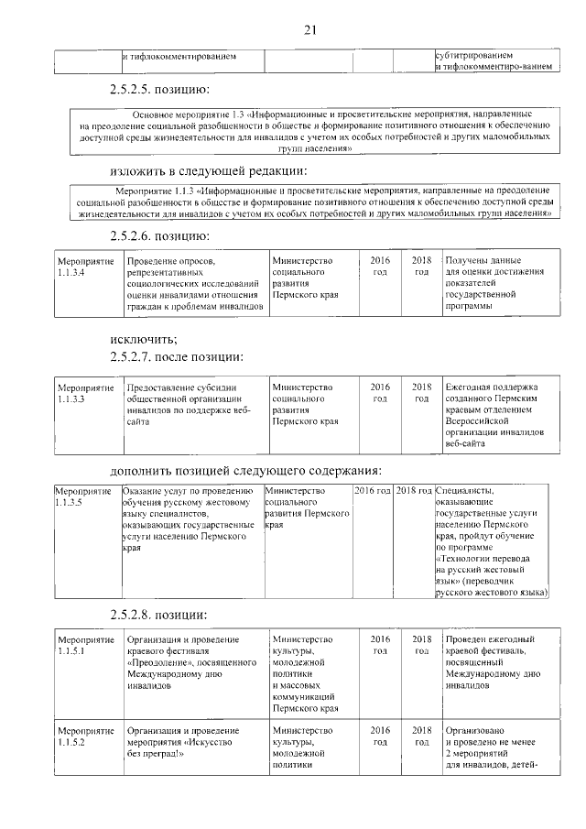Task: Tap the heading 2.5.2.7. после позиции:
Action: (176, 355)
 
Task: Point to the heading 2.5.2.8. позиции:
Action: (158, 613)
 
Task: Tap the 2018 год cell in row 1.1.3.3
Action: (421, 393)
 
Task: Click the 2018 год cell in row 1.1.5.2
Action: (421, 736)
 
